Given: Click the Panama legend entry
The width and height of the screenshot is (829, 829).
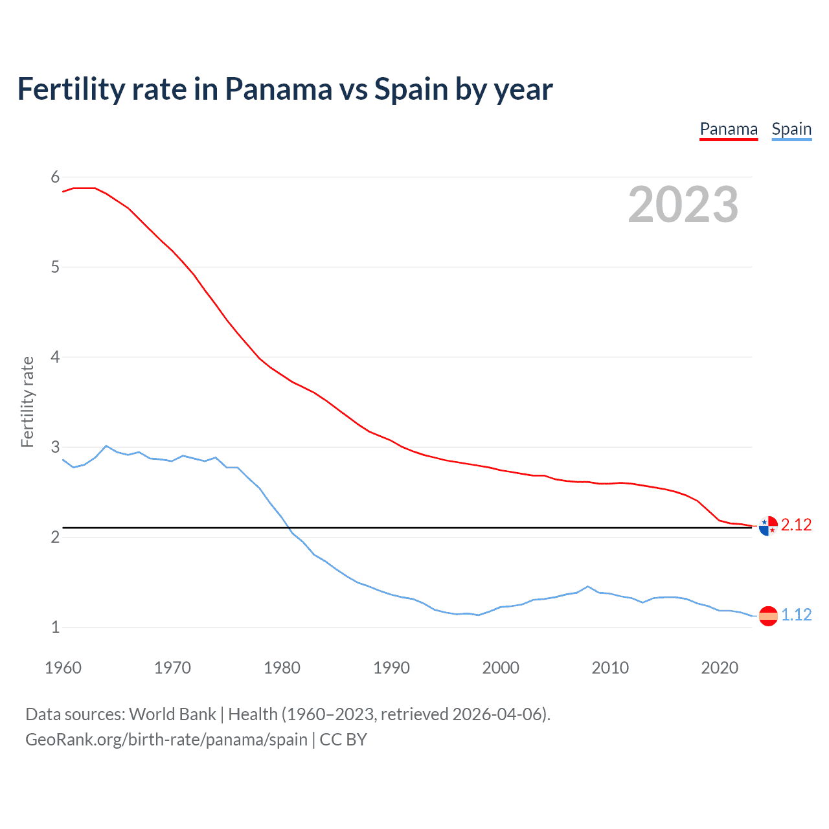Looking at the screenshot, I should tap(729, 130).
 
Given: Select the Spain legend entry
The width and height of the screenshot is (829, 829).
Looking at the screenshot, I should tap(791, 130).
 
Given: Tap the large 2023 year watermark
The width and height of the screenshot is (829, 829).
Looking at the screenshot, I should tap(683, 205).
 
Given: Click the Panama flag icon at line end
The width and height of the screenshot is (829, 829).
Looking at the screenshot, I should tap(767, 526).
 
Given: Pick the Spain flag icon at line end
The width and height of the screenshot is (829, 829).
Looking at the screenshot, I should tap(767, 616).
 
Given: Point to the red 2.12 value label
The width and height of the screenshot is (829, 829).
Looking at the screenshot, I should tap(796, 525).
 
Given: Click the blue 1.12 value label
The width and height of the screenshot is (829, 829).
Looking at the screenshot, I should tap(796, 615).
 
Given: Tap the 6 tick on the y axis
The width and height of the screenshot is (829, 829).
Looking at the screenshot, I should tap(55, 177).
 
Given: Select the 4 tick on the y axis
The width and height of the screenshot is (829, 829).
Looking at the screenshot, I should tap(55, 357).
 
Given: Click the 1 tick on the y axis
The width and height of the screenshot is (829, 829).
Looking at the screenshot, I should tap(55, 627).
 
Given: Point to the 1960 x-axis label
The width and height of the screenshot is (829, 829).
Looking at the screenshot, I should tap(63, 668).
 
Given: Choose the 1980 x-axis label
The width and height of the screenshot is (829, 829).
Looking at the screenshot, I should tap(282, 668).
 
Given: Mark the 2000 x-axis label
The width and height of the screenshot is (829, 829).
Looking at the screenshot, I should tap(501, 668).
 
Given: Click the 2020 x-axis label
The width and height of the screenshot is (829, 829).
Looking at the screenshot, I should tap(720, 668).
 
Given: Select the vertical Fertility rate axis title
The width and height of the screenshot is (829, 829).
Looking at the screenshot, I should tap(27, 402).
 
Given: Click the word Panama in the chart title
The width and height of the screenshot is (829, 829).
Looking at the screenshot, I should tap(278, 89).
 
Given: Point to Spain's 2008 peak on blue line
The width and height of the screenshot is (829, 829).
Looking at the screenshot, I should tap(587, 586).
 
